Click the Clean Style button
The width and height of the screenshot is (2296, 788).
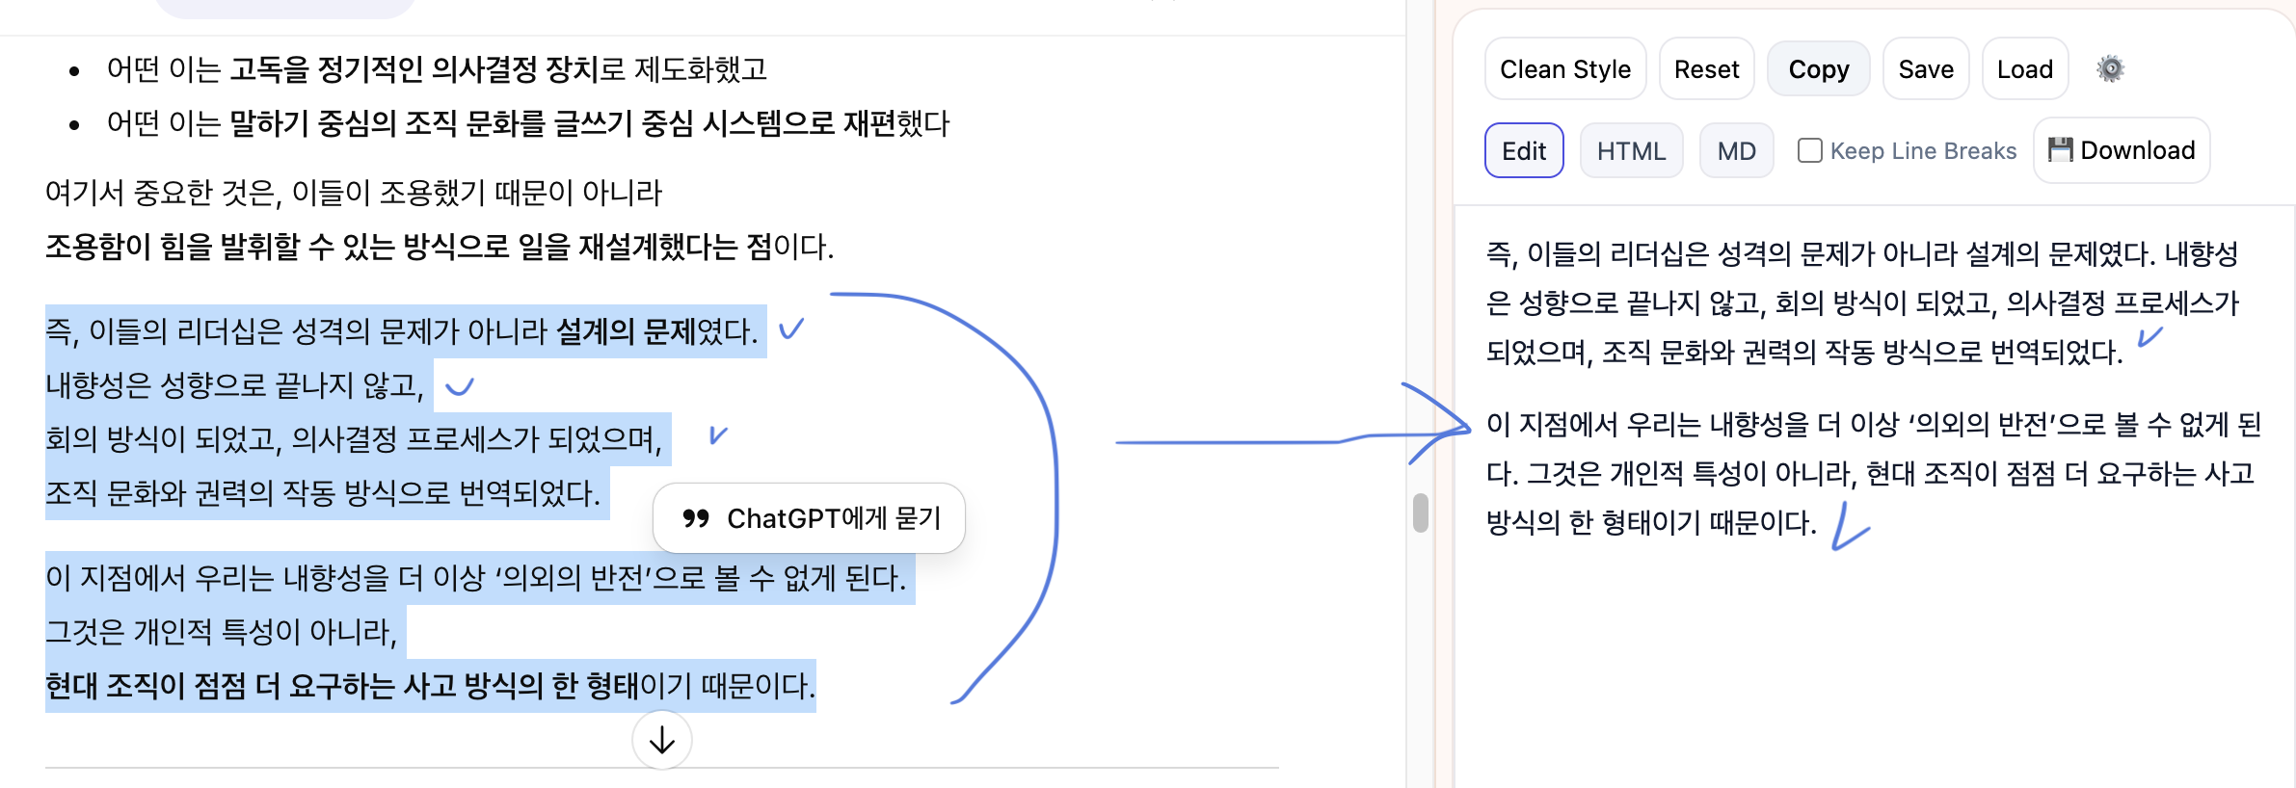tap(1564, 69)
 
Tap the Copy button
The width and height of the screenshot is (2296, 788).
tap(1818, 69)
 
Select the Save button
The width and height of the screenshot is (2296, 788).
tap(1925, 69)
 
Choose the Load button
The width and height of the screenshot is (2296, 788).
tap(2024, 69)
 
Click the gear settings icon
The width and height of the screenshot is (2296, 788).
tap(2110, 69)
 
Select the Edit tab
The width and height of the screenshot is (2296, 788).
tap(1523, 151)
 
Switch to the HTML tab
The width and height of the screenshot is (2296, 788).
tap(1631, 151)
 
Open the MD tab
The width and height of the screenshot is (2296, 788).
tap(1736, 151)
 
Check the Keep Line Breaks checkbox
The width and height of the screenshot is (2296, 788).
tap(1809, 151)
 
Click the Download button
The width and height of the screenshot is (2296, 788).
tap(2121, 150)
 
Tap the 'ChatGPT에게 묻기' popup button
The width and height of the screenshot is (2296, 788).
tap(809, 518)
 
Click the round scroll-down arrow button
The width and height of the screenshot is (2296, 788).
tap(661, 740)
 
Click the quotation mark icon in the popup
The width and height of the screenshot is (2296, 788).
tap(695, 518)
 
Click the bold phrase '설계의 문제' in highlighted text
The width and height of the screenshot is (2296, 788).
tap(626, 331)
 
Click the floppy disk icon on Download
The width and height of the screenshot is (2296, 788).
tap(2060, 149)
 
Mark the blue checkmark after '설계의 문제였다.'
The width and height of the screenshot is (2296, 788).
tap(791, 329)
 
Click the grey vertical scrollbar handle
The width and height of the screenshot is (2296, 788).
tap(1420, 512)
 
